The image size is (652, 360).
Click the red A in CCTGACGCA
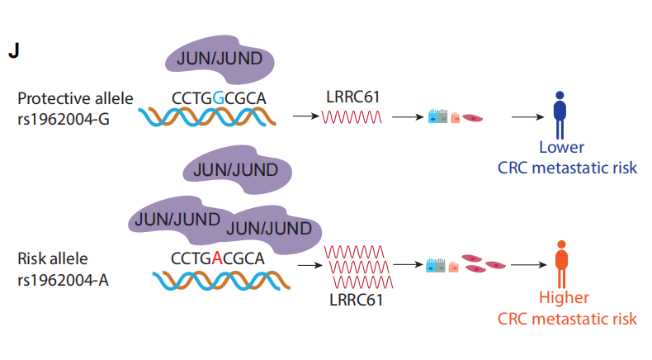217,258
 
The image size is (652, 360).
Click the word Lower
561,148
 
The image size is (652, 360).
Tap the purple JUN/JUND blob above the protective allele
220,58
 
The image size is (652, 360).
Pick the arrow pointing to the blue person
527,117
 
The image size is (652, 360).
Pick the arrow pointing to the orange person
527,265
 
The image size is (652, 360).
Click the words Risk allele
50,258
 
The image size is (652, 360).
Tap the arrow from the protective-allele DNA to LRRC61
306,117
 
